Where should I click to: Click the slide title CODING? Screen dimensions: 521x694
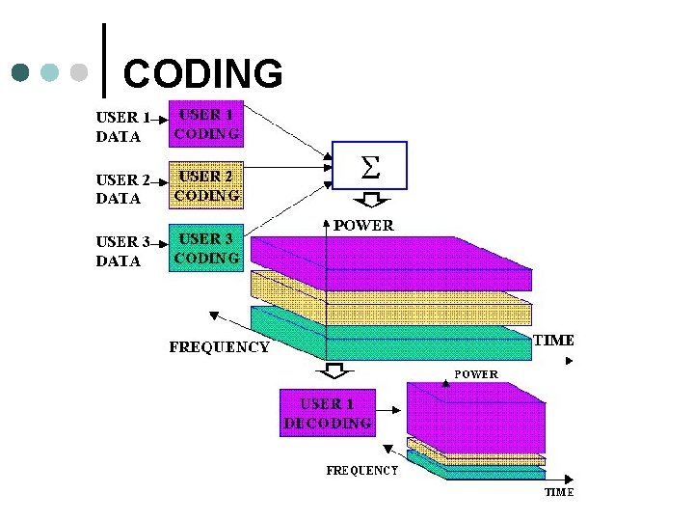tap(203, 73)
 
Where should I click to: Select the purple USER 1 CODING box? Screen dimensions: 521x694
tap(206, 123)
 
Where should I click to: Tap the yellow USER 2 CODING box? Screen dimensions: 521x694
tap(206, 185)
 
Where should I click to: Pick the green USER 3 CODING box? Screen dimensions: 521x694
tap(206, 248)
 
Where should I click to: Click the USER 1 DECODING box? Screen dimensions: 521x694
tap(327, 413)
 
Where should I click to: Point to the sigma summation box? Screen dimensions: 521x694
tap(369, 165)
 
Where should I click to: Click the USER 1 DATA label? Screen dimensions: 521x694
tap(120, 127)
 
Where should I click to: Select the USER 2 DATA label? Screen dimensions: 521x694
tap(120, 189)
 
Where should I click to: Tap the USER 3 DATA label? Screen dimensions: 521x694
tap(120, 251)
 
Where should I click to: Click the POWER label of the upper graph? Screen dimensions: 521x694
tap(363, 226)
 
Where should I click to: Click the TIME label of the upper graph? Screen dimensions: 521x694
tap(553, 341)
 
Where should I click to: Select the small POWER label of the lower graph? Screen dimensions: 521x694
tap(476, 373)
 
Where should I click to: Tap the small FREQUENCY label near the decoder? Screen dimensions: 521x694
tap(362, 471)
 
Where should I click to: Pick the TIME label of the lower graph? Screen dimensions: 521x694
tap(559, 492)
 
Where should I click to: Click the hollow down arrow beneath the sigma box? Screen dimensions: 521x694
tap(369, 201)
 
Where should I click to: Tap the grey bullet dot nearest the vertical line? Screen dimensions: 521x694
tap(80, 72)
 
